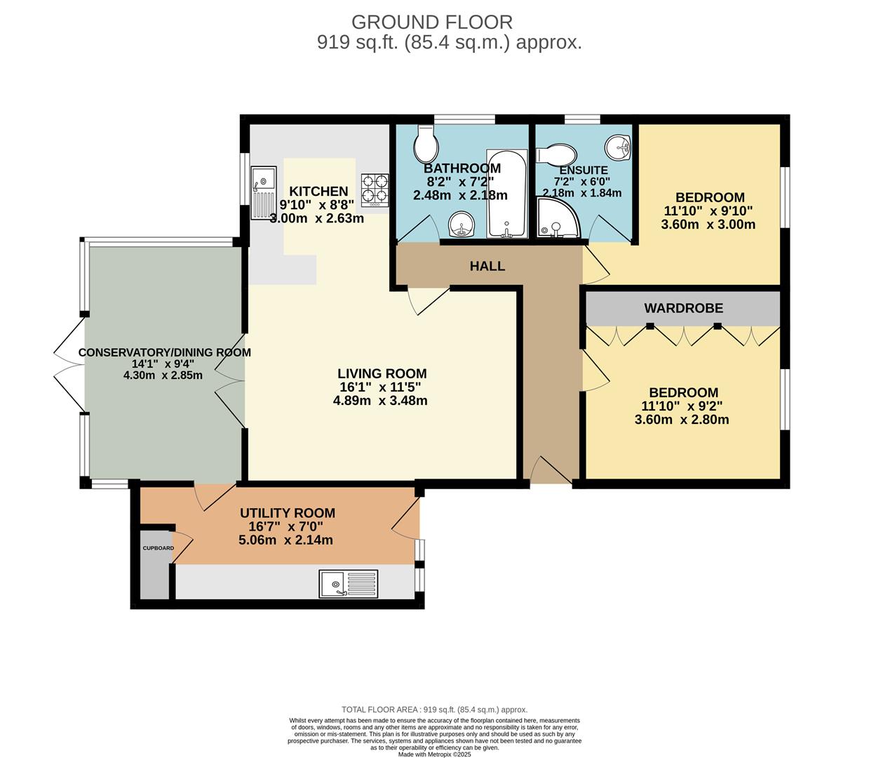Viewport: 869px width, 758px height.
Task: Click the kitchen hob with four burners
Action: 375,190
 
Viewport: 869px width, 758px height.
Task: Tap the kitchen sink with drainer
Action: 263,192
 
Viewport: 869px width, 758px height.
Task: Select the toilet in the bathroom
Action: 426,144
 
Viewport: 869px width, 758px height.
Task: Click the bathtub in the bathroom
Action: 506,193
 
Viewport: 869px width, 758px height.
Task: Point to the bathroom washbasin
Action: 462,224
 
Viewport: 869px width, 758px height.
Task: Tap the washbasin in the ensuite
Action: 618,148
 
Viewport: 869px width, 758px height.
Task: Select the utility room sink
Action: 349,584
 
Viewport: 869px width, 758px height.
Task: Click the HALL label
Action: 487,266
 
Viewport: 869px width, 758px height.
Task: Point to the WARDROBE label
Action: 683,308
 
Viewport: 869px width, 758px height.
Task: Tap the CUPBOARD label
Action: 158,548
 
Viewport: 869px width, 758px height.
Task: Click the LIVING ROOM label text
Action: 382,373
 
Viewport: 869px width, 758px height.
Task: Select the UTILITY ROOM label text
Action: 288,513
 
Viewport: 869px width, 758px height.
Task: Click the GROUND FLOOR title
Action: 432,22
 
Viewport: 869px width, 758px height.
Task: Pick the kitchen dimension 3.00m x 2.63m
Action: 317,218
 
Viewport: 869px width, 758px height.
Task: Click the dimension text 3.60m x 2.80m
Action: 682,420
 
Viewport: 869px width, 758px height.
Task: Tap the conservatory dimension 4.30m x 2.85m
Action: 163,375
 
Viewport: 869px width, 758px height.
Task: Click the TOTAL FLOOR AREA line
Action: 435,710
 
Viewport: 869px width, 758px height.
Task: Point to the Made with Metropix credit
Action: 435,754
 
